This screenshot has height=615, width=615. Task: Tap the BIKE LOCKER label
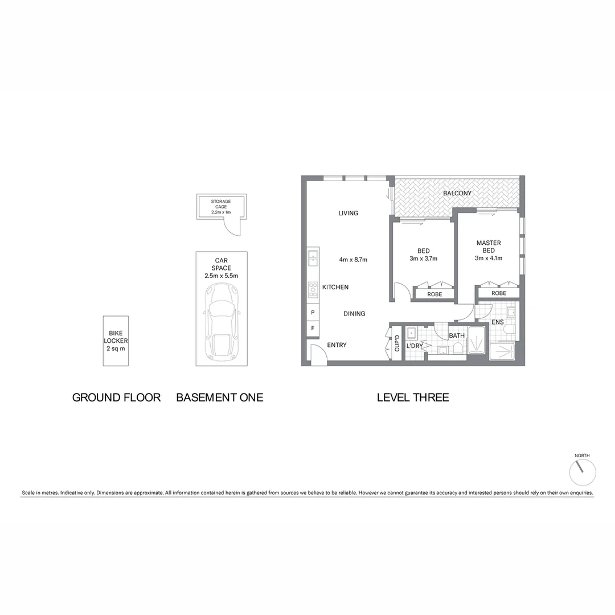[x=116, y=341]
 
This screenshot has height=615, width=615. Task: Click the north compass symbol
[x=583, y=471]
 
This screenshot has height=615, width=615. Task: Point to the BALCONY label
[x=457, y=193]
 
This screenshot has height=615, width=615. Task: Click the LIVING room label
[x=348, y=213]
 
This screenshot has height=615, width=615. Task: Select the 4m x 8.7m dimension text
[x=353, y=260]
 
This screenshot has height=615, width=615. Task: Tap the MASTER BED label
[x=489, y=247]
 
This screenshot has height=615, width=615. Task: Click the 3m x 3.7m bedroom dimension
[x=423, y=259]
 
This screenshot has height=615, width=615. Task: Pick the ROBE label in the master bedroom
[x=498, y=293]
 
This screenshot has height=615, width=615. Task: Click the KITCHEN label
[x=335, y=287]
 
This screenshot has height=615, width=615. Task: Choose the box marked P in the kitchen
[x=313, y=313]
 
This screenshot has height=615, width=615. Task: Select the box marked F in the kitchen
[x=313, y=329]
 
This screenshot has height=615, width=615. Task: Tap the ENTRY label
[x=337, y=345]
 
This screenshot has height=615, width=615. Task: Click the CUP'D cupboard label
[x=397, y=343]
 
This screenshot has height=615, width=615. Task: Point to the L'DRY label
[x=414, y=345]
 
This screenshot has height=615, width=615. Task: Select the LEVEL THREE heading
[x=413, y=397]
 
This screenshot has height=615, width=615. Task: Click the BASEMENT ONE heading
[x=220, y=397]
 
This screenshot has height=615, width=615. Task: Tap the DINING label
[x=354, y=314]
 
